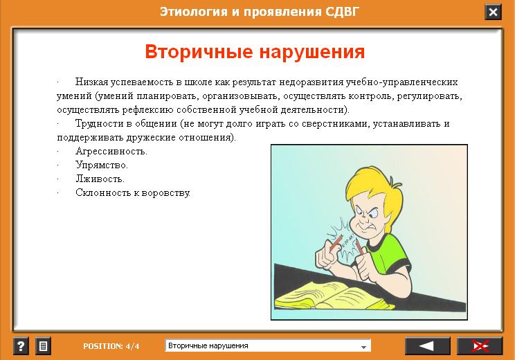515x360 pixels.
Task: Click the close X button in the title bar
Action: pos(493,12)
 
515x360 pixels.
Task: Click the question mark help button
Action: pos(21,346)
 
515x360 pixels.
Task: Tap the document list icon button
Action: pos(43,346)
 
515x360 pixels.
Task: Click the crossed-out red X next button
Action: pos(480,346)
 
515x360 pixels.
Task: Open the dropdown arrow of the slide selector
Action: pos(363,347)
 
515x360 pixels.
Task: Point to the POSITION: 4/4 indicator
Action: pos(111,346)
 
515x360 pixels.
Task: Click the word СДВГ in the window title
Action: pos(342,12)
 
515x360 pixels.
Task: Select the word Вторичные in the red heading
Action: pos(199,52)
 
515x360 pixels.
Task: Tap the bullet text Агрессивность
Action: pos(111,152)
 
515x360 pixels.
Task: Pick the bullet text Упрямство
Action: pos(102,165)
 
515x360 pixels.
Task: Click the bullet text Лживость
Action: pos(100,179)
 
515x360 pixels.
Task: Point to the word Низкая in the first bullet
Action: pos(91,82)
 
